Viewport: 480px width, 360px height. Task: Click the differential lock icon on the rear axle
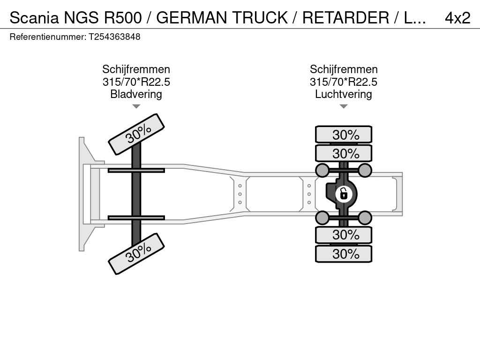pyautogui.click(x=344, y=194)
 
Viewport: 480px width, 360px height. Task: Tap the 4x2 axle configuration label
pyautogui.click(x=457, y=18)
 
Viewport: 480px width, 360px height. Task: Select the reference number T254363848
pyautogui.click(x=114, y=37)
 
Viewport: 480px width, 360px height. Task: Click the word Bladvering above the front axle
pyautogui.click(x=136, y=94)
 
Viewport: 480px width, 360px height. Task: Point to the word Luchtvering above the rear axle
pyautogui.click(x=344, y=94)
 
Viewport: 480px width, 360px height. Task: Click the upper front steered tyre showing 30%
pyautogui.click(x=136, y=134)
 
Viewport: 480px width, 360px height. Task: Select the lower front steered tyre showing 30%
pyautogui.click(x=136, y=254)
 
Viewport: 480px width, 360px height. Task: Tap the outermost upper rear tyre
pyautogui.click(x=344, y=135)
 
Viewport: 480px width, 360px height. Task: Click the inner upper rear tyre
pyautogui.click(x=344, y=153)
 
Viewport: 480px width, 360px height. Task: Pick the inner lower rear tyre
pyautogui.click(x=344, y=235)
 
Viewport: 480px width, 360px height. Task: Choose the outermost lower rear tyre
pyautogui.click(x=344, y=254)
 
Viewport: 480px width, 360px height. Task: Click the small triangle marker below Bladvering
pyautogui.click(x=136, y=106)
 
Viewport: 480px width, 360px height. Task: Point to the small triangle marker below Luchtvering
pyautogui.click(x=344, y=106)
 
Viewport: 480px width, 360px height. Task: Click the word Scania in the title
pyautogui.click(x=34, y=18)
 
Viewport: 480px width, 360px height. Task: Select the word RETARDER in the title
pyautogui.click(x=345, y=18)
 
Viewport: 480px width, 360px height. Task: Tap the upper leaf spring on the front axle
pyautogui.click(x=136, y=170)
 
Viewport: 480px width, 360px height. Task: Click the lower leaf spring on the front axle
pyautogui.click(x=136, y=217)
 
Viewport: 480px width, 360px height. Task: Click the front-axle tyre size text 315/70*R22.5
pyautogui.click(x=136, y=82)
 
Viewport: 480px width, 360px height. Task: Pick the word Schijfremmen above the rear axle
pyautogui.click(x=344, y=69)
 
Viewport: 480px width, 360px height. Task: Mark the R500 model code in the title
pyautogui.click(x=123, y=18)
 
